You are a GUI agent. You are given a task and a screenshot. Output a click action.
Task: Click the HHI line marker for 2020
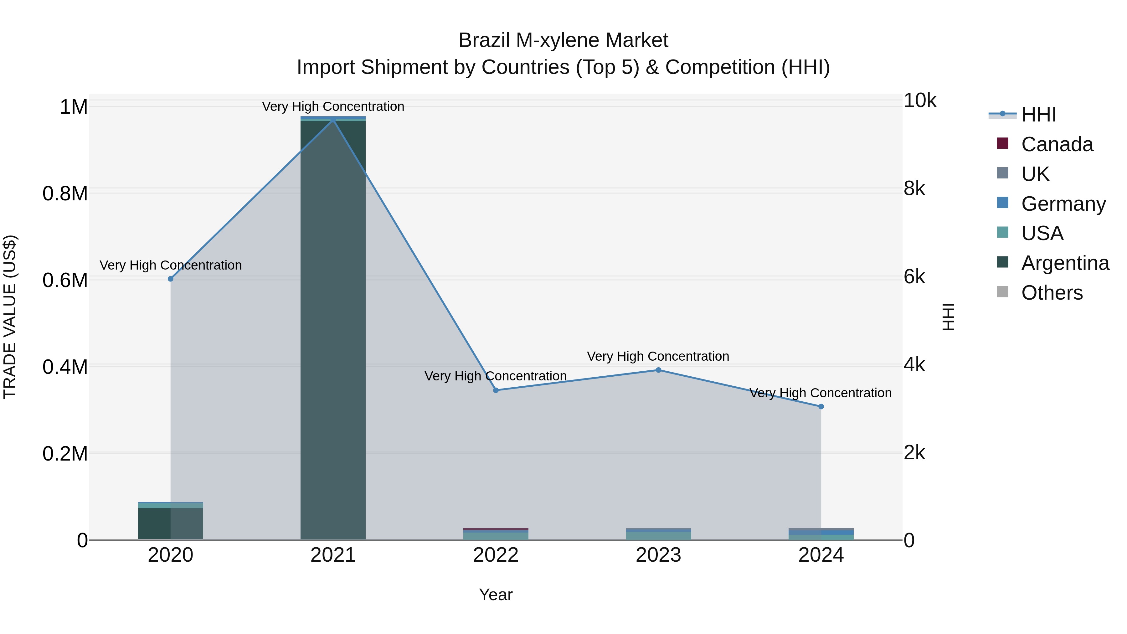point(171,279)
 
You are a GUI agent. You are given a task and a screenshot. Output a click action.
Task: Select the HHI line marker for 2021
point(333,120)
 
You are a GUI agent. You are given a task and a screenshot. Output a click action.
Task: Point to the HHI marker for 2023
point(658,370)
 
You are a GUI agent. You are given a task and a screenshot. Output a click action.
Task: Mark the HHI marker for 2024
point(821,406)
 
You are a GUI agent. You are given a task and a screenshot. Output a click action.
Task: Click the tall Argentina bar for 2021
point(333,328)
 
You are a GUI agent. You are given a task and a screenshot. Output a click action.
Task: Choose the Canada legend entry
point(1057,144)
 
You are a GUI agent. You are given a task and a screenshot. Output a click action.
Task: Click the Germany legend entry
point(1063,204)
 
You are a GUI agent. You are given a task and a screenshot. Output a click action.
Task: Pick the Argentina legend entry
point(1065,263)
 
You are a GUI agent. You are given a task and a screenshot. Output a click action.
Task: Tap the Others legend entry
point(1052,293)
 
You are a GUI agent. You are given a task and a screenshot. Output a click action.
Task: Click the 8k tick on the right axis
point(914,188)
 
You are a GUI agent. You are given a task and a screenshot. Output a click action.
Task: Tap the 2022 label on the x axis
point(496,555)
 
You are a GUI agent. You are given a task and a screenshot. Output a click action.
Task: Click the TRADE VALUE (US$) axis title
point(10,317)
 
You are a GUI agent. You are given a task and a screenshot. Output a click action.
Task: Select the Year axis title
point(496,595)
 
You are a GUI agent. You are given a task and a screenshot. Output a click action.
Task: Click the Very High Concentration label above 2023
point(658,356)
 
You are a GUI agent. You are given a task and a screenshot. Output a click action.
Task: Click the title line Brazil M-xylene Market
point(563,40)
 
